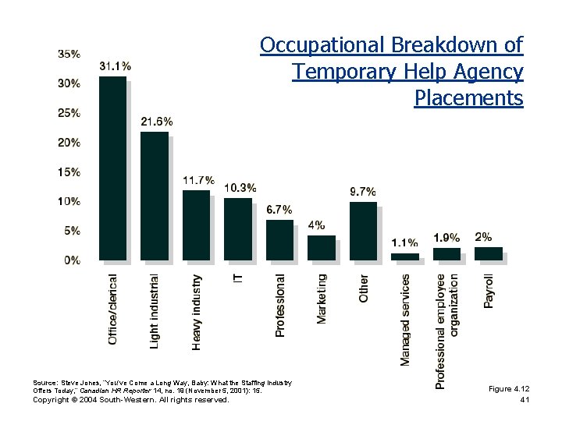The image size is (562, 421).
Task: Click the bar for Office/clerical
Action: pos(112,168)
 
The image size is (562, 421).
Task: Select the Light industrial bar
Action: pos(154,196)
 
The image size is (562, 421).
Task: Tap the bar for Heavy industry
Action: pos(196,225)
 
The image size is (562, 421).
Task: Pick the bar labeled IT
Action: pos(237,228)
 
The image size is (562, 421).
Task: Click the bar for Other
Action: pos(363,231)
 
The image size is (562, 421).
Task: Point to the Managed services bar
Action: pos(404,256)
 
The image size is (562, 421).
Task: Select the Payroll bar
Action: pos(488,253)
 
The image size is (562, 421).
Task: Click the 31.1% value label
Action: pos(115,66)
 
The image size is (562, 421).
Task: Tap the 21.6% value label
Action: pos(157,122)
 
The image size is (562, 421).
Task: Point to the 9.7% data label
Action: pos(363,191)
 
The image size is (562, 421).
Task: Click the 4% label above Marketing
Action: pos(317,225)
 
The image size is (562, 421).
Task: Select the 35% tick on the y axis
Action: pos(69,54)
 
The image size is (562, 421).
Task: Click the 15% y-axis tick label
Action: pos(69,172)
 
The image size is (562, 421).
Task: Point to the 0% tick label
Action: pos(72,260)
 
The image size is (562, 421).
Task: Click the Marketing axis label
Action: pos(322,298)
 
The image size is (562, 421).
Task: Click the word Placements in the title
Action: pos(468,99)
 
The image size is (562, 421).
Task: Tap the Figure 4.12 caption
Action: pos(509,388)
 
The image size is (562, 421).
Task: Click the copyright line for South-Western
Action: pos(130,400)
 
